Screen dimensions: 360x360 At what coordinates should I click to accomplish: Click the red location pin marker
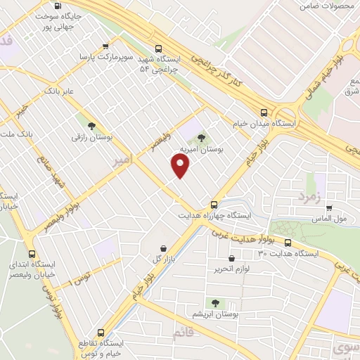tap(181, 166)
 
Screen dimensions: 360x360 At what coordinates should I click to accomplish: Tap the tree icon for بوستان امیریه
tap(202, 138)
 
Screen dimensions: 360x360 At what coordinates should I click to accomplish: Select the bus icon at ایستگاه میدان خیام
tap(264, 112)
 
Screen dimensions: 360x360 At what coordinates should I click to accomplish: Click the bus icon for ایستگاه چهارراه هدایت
tap(214, 205)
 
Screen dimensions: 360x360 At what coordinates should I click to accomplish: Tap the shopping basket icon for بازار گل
tap(164, 248)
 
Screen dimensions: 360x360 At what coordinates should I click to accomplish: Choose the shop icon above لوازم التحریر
tap(231, 258)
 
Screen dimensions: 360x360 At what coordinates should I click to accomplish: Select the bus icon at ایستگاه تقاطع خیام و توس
tap(101, 332)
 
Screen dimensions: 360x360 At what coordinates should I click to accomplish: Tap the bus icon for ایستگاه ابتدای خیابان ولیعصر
tap(31, 254)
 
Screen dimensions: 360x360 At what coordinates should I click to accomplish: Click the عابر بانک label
tap(58, 91)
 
